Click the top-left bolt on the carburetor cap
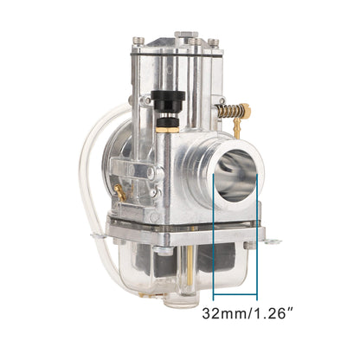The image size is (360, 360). coord(138,42)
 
